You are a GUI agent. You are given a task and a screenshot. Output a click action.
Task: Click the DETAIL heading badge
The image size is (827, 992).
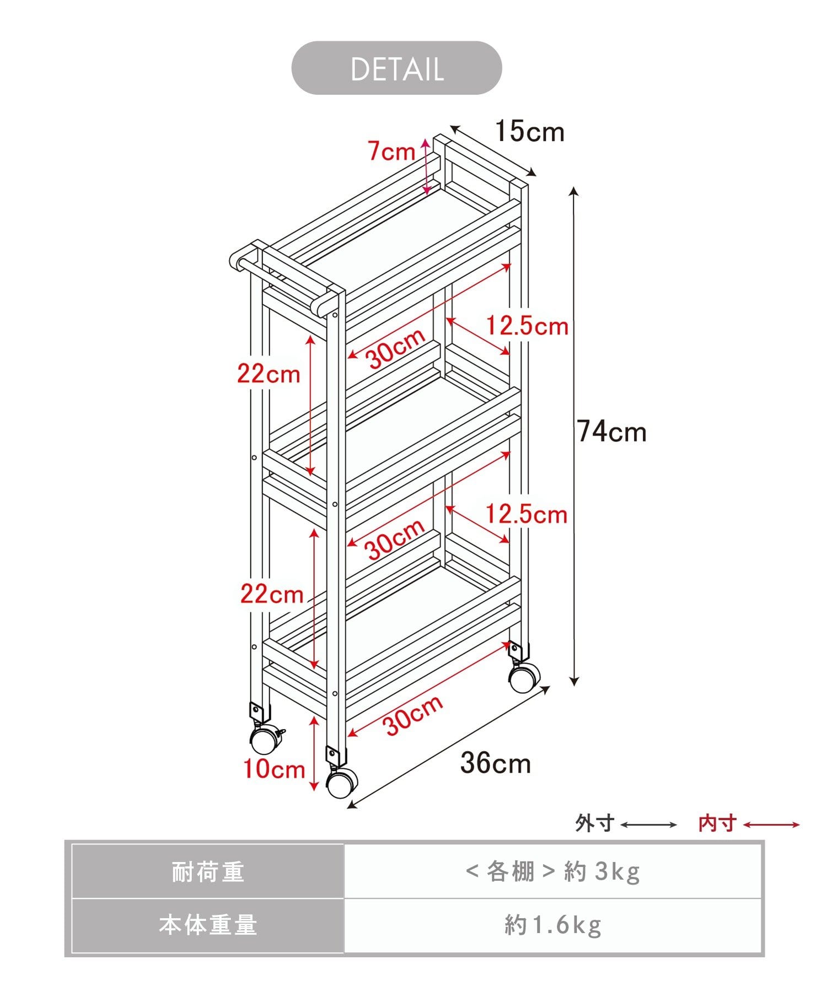396,68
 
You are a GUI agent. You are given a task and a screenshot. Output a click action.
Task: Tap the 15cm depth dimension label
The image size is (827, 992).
530,132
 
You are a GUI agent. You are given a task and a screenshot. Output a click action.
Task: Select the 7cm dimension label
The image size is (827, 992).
391,151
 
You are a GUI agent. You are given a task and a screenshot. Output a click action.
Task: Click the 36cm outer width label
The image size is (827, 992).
496,763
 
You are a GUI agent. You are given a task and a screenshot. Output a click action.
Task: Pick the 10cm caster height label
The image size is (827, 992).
274,769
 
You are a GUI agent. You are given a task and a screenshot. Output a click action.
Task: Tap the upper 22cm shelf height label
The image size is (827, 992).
268,374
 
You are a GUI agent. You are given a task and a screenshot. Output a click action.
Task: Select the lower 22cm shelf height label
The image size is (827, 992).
272,594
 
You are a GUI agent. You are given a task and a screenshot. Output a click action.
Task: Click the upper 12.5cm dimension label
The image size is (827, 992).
527,326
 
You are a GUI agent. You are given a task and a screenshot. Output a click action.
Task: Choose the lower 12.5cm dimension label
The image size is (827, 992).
527,515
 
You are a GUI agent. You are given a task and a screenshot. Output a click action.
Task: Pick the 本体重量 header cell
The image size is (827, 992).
208,925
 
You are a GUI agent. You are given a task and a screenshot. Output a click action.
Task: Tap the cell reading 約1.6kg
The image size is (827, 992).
553,925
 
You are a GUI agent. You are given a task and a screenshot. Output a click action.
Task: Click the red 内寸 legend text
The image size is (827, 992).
717,823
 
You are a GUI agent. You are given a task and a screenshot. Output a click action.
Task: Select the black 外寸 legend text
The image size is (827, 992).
595,823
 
